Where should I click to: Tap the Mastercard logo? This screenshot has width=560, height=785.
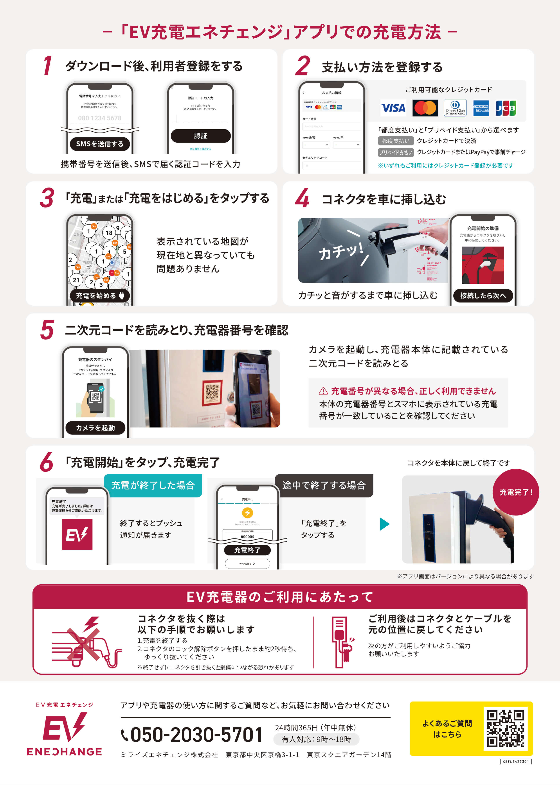425,108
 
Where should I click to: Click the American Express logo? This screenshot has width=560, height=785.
481,108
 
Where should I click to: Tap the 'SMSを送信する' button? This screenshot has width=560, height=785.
100,144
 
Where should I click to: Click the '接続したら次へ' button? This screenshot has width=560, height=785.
483,295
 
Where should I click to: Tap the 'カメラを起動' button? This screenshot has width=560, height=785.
95,428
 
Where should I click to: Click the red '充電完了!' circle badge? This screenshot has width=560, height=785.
515,492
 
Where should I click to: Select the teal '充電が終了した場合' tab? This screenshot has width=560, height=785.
153,485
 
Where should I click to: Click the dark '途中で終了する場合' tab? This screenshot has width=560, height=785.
324,485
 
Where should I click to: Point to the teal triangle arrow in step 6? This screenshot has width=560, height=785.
384,524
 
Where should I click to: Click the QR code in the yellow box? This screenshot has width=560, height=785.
505,728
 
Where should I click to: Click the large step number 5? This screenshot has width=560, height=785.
47,330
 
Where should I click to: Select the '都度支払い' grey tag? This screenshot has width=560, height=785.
396,141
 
